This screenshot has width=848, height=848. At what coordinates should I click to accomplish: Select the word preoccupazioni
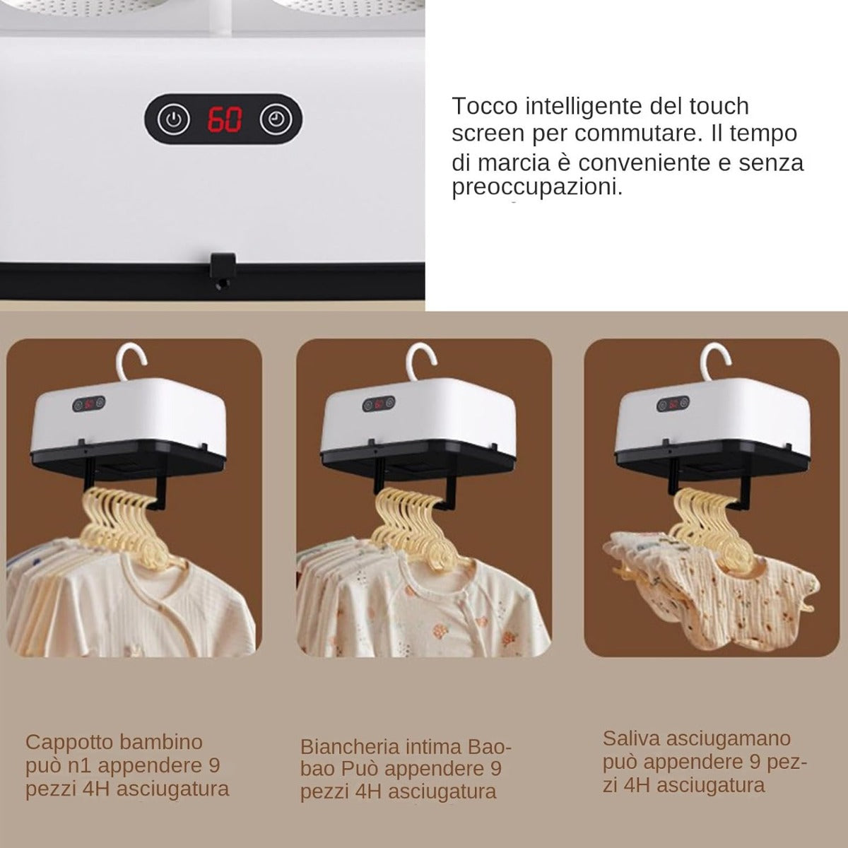pos(537,188)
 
